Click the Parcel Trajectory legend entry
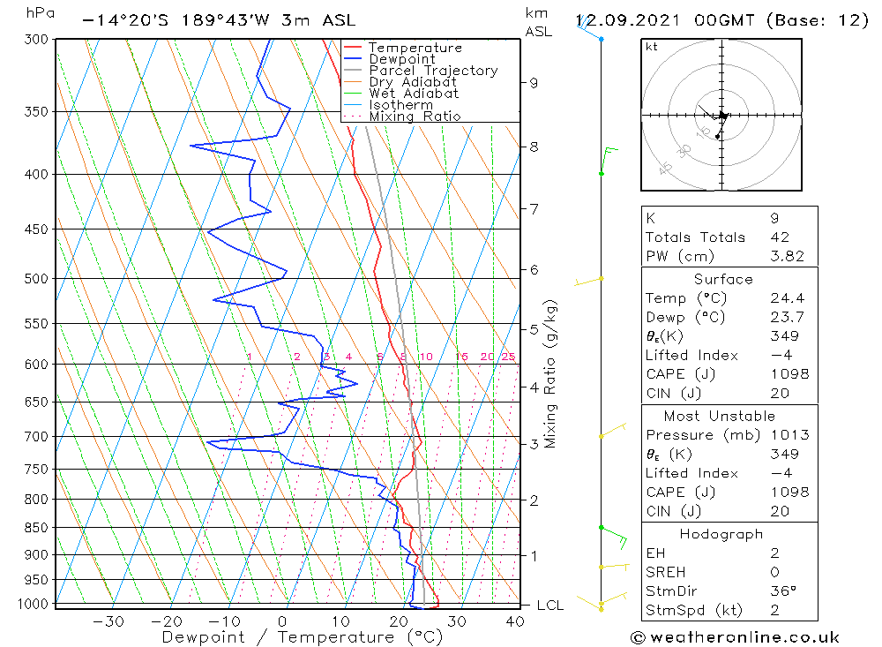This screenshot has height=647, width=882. tap(433, 71)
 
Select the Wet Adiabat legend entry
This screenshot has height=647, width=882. tap(414, 94)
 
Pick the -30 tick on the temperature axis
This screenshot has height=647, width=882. tap(108, 621)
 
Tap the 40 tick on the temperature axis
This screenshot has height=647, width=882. tap(514, 621)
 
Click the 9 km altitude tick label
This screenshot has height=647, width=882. tap(534, 83)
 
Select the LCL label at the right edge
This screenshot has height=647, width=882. tap(549, 606)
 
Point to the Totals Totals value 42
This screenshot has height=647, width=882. tap(779, 237)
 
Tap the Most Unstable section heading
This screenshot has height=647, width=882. tap(719, 416)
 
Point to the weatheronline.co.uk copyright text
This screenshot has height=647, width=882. tap(735, 637)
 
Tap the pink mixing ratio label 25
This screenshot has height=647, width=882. tap(508, 357)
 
